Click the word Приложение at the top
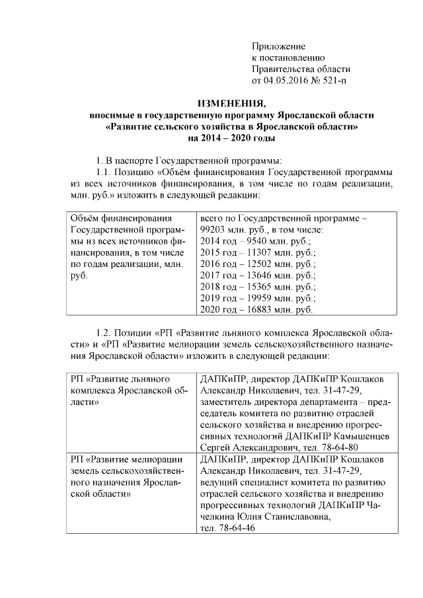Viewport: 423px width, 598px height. point(278,46)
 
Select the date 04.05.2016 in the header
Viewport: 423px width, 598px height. point(286,81)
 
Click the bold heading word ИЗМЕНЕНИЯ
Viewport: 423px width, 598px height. point(231,104)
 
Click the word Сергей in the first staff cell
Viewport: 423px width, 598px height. point(215,447)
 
